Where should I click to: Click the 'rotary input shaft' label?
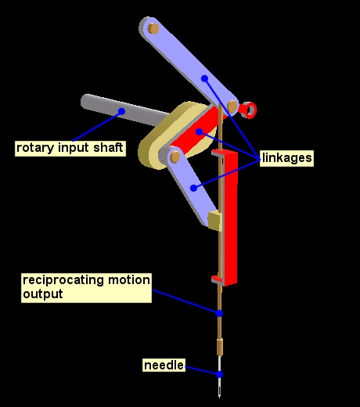[70, 147]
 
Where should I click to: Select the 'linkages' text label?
[287, 158]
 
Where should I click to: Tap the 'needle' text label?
[164, 366]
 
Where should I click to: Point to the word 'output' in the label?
[42, 294]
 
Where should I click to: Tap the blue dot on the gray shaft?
[121, 112]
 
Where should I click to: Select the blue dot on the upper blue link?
[204, 78]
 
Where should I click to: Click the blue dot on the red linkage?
[200, 131]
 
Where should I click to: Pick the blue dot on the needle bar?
[220, 313]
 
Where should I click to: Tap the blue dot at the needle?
[220, 374]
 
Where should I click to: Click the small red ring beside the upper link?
[248, 110]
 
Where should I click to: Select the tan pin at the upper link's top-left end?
[153, 28]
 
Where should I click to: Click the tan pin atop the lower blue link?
[175, 157]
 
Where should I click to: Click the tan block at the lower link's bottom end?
[214, 221]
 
